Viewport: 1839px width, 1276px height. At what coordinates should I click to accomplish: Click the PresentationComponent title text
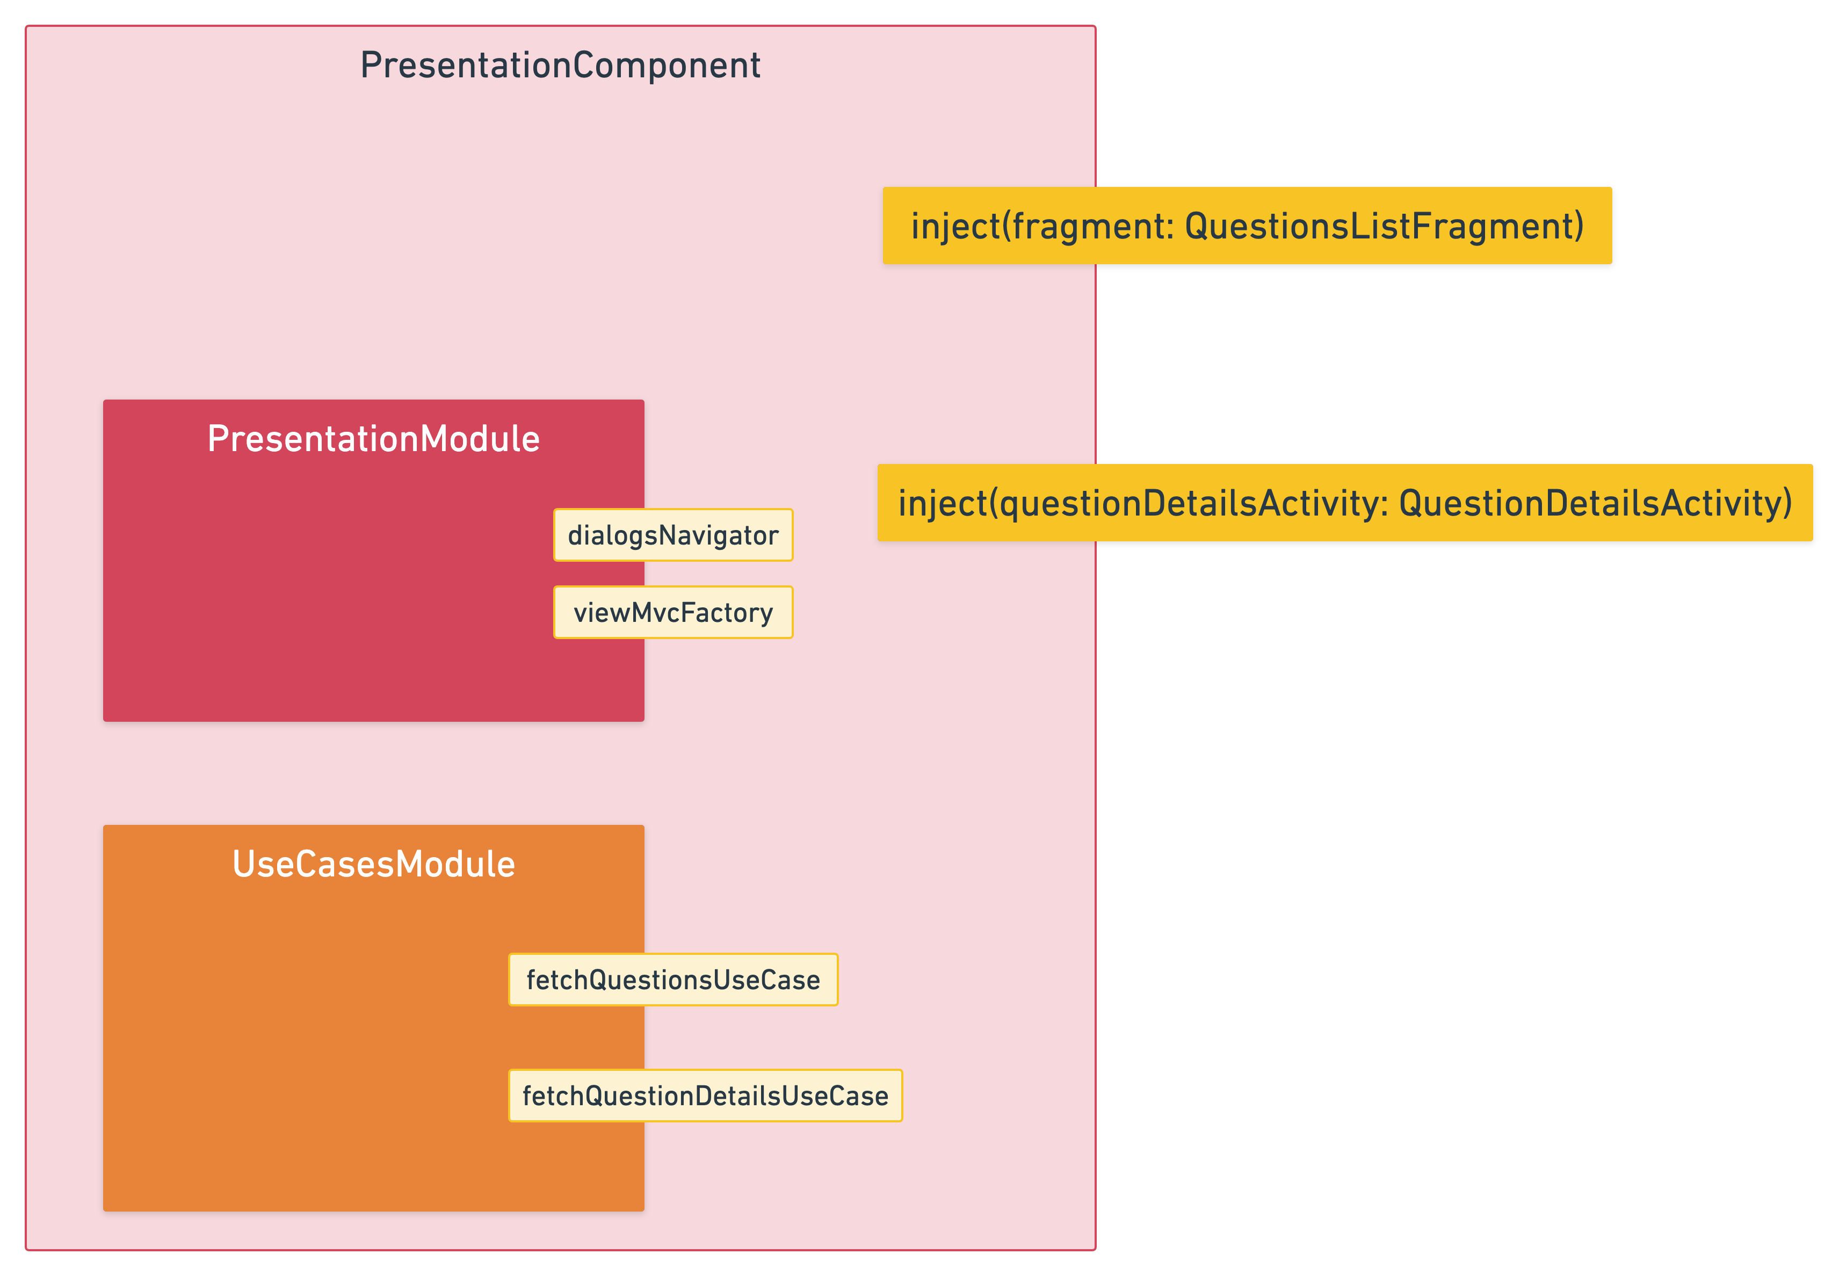pyautogui.click(x=560, y=66)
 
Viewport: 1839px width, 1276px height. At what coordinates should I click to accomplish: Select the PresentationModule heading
pyautogui.click(x=373, y=439)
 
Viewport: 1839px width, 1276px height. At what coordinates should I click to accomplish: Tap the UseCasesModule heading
pyautogui.click(x=373, y=864)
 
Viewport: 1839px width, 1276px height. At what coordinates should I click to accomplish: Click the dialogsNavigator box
pyautogui.click(x=673, y=535)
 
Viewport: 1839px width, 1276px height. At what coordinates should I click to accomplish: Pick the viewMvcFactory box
pyautogui.click(x=673, y=612)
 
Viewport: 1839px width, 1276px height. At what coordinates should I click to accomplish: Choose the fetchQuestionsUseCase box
pyautogui.click(x=673, y=980)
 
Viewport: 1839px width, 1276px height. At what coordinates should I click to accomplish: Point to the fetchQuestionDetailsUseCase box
pyautogui.click(x=705, y=1096)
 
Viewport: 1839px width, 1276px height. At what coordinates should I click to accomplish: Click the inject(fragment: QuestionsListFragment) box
pyautogui.click(x=1247, y=226)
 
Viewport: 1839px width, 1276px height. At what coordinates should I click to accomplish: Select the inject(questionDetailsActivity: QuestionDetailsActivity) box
pyautogui.click(x=1345, y=503)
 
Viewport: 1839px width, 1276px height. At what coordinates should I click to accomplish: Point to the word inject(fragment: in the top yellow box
pyautogui.click(x=1042, y=226)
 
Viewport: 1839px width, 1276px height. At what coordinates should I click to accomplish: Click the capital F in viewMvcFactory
pyautogui.click(x=687, y=612)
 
